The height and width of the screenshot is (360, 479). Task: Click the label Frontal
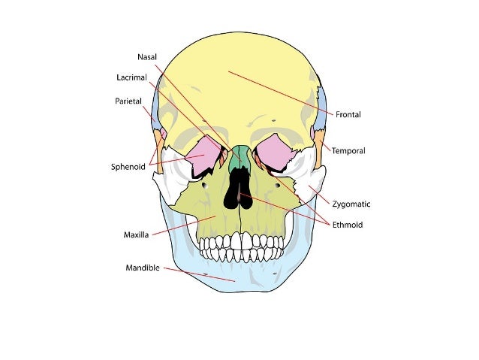[x=348, y=115]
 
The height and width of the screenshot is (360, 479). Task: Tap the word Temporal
[x=348, y=151]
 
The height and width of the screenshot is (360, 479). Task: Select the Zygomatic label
[x=351, y=204]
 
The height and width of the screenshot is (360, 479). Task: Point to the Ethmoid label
[x=348, y=225]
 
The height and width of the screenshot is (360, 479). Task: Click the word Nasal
[x=146, y=57]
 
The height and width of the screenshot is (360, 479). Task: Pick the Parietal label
[x=128, y=101]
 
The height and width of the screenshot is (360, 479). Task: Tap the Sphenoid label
[x=128, y=167]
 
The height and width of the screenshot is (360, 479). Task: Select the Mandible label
[x=143, y=268]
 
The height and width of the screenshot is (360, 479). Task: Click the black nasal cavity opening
[x=239, y=192]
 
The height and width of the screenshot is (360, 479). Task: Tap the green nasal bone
[x=240, y=157]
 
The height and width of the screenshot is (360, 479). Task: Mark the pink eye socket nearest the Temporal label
[x=275, y=150]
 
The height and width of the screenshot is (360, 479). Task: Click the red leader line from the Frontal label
[x=285, y=93]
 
